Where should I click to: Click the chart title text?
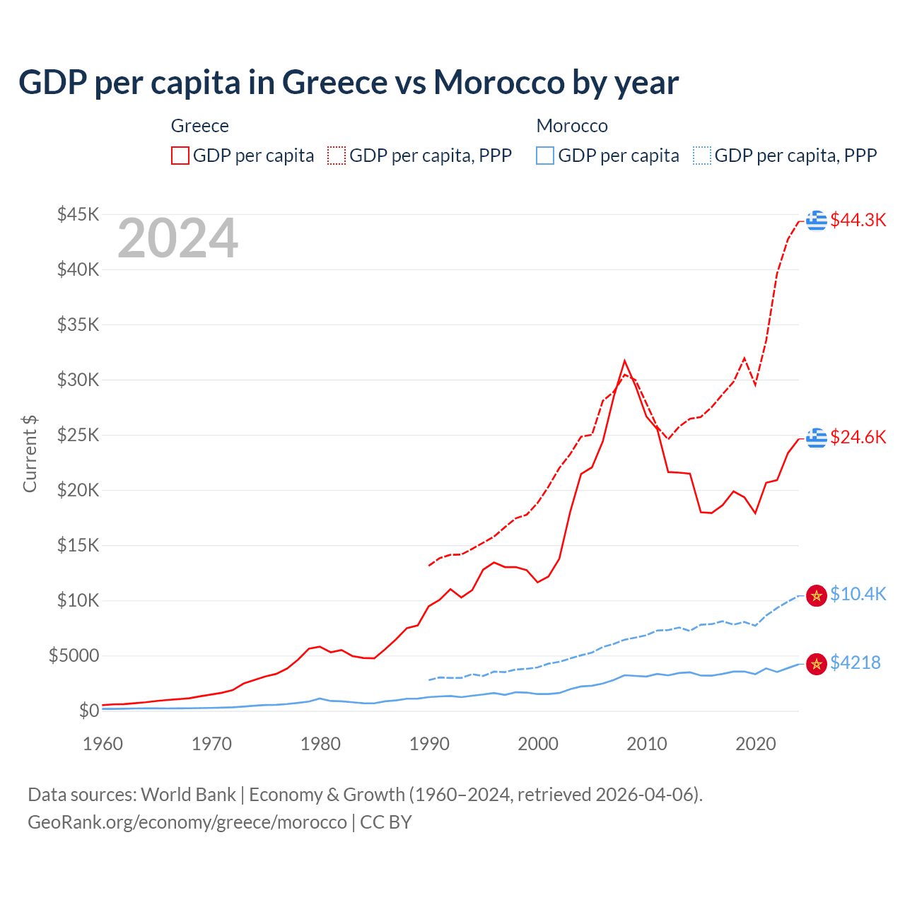click(x=349, y=83)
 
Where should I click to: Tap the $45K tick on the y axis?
click(x=78, y=214)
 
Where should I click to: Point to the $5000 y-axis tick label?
click(x=74, y=655)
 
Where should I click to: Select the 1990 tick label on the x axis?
click(x=429, y=744)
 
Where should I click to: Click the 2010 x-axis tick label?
click(x=647, y=744)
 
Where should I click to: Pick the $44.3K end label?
click(x=858, y=220)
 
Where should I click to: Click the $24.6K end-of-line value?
click(x=858, y=437)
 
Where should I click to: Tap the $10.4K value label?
click(x=858, y=594)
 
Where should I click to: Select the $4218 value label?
click(x=855, y=662)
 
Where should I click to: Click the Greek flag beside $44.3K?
click(x=817, y=221)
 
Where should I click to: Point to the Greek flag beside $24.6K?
click(x=817, y=438)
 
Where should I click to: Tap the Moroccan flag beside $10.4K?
click(x=817, y=595)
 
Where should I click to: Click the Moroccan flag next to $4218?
click(x=817, y=664)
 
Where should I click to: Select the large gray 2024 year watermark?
click(x=177, y=239)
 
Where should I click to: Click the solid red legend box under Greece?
click(x=180, y=156)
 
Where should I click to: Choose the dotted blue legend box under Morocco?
click(x=702, y=156)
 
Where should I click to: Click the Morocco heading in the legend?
click(x=572, y=126)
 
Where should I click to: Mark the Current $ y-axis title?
click(x=30, y=454)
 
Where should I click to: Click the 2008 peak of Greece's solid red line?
click(x=624, y=361)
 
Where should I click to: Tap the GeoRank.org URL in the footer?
click(x=187, y=822)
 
